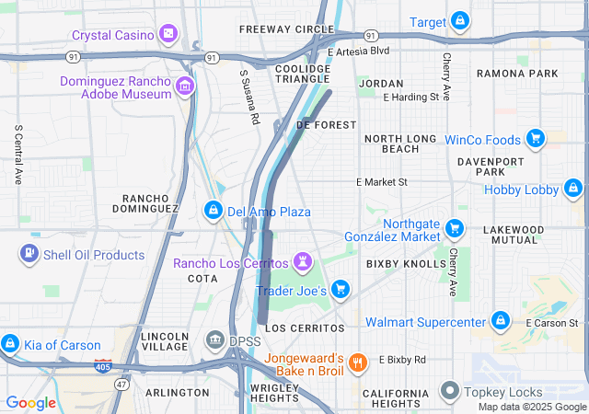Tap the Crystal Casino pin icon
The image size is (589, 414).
click(x=168, y=35)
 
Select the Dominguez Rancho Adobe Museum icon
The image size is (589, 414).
click(x=186, y=87)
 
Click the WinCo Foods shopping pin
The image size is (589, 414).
click(x=535, y=140)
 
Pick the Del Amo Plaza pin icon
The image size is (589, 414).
click(x=214, y=212)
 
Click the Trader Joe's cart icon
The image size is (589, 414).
click(x=341, y=290)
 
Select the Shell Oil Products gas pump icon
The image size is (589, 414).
click(x=29, y=253)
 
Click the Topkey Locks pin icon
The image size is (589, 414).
click(x=450, y=391)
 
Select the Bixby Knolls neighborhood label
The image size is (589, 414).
click(x=405, y=264)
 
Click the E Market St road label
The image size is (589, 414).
click(x=381, y=182)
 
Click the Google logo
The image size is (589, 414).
click(x=30, y=402)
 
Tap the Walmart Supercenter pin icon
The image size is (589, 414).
click(x=500, y=321)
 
